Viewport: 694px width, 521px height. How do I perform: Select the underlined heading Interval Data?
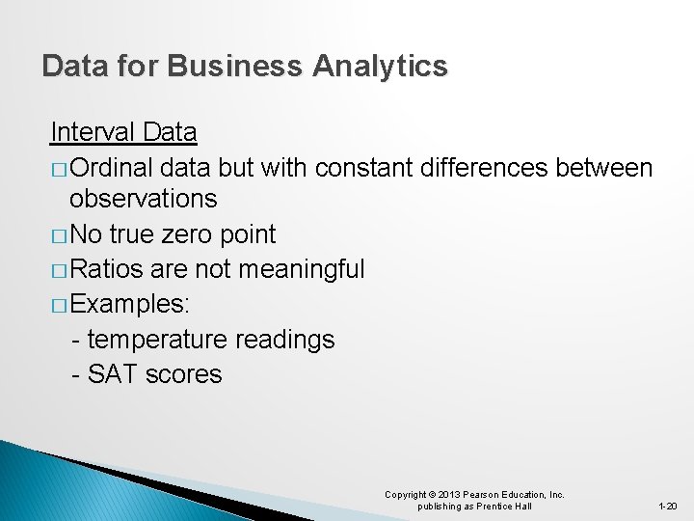(123, 131)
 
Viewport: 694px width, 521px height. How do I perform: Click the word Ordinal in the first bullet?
(113, 168)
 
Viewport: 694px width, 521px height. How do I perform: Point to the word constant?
(365, 168)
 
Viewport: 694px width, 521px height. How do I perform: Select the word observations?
(144, 200)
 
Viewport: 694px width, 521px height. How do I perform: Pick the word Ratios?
(107, 269)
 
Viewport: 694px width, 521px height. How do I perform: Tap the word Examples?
(130, 304)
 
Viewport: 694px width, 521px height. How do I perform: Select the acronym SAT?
(112, 374)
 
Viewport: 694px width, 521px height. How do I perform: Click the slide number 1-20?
(667, 507)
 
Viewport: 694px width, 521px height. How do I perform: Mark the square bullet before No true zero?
(58, 235)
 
